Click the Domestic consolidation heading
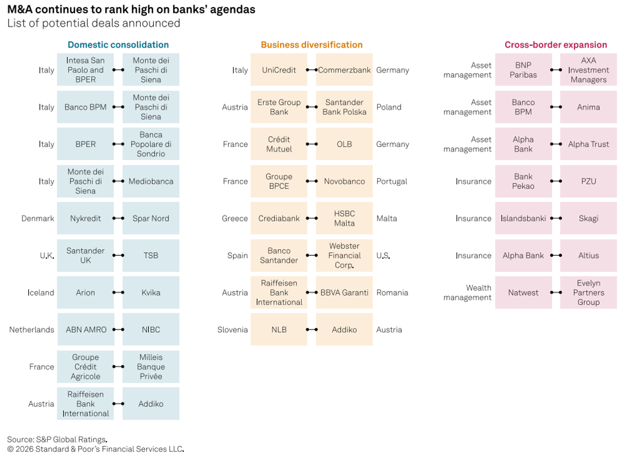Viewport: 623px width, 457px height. (118, 45)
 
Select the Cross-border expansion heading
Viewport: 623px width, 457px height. (556, 45)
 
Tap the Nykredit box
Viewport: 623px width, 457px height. (86, 219)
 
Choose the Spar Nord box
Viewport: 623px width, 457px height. (151, 219)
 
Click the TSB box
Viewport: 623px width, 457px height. (151, 256)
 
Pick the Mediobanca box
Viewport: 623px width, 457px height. (151, 182)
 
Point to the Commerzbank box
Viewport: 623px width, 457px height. (344, 70)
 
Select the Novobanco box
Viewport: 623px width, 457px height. (344, 182)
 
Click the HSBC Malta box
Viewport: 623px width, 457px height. (344, 219)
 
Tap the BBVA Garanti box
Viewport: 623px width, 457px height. (344, 292)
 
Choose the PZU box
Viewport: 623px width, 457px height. (589, 182)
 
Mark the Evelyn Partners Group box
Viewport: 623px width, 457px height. (589, 292)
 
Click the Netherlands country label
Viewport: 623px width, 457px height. (32, 329)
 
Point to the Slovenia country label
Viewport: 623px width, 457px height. (233, 329)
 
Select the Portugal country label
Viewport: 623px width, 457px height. (392, 182)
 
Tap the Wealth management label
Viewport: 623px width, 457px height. (468, 292)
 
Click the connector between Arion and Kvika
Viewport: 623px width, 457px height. (118, 292)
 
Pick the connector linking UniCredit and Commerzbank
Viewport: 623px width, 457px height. (312, 70)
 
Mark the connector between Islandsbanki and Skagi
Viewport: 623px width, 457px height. (556, 219)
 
